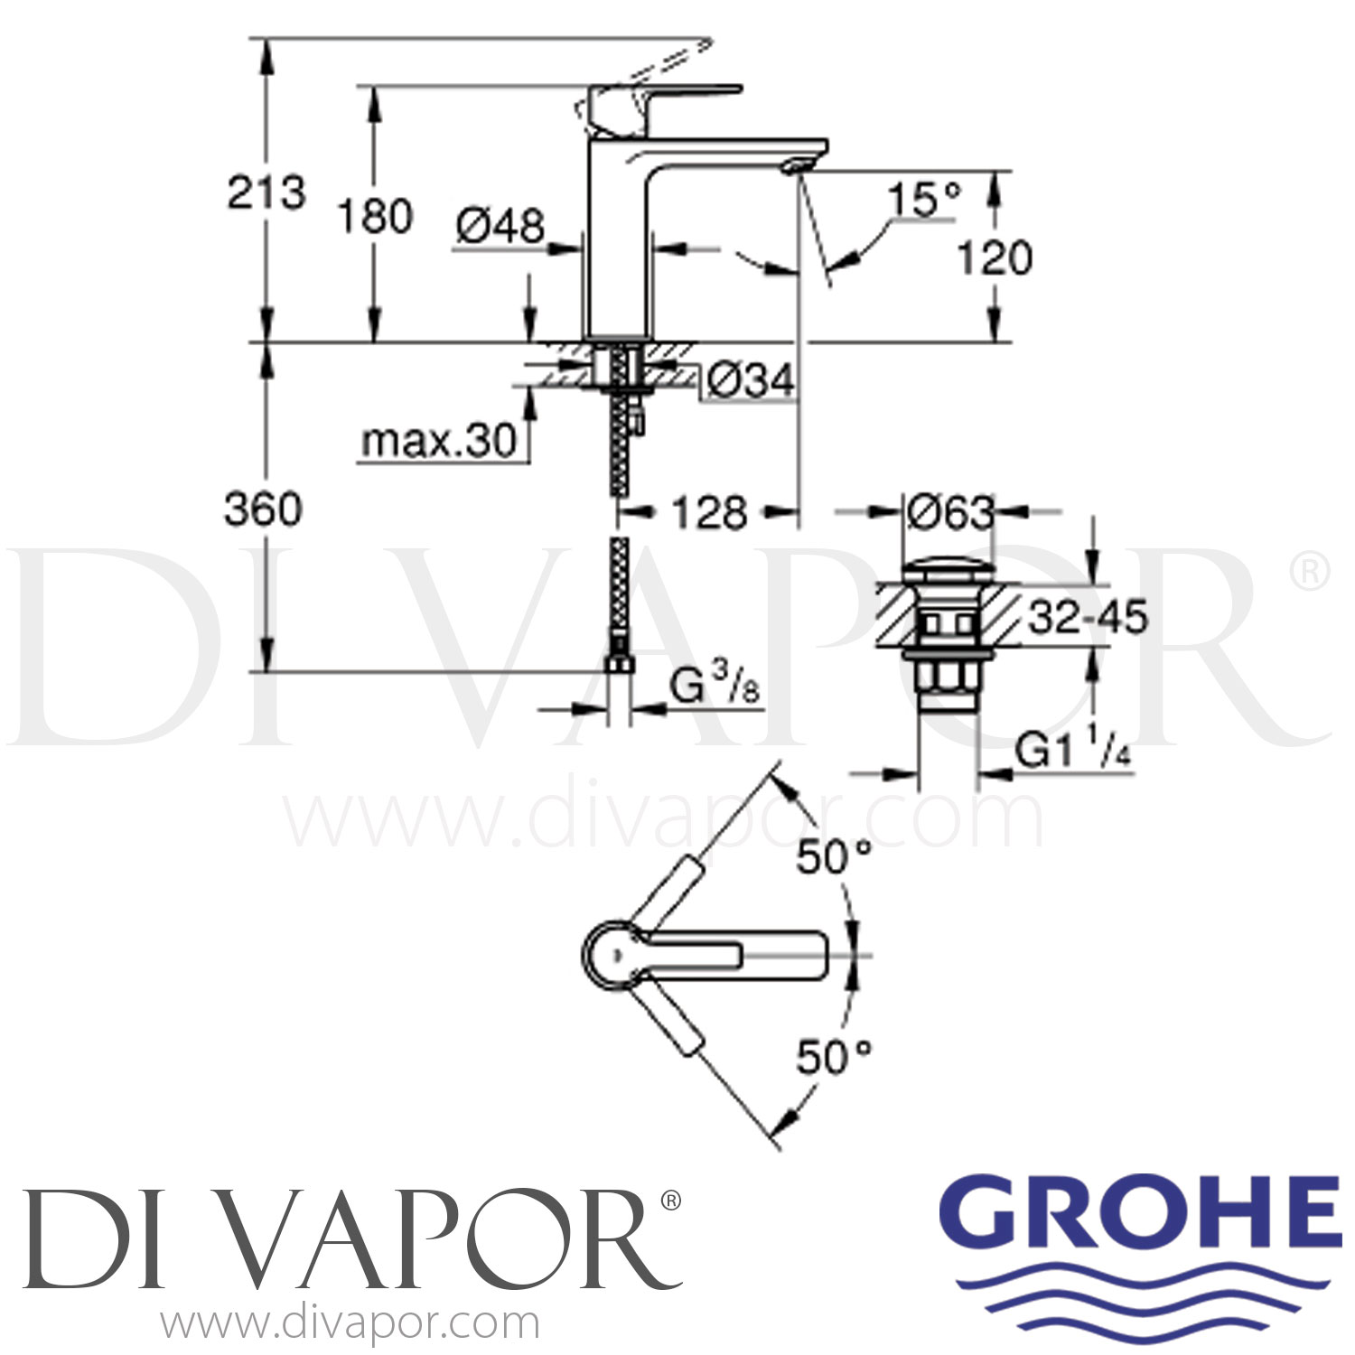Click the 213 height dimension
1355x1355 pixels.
[266, 192]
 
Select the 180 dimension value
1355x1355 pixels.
[375, 217]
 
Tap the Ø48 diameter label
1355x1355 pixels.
[500, 226]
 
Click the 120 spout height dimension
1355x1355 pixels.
[994, 259]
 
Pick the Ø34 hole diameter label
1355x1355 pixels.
[750, 379]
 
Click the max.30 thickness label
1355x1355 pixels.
[439, 442]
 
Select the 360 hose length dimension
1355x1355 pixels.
[263, 510]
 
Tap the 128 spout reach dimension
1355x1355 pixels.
[709, 513]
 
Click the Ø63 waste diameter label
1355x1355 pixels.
[948, 513]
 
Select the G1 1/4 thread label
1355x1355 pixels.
[1072, 751]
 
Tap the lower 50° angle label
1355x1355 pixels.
[832, 1057]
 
